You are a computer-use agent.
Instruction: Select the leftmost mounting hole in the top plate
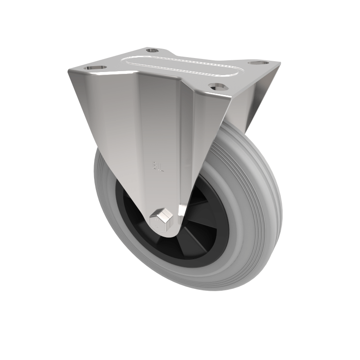95,67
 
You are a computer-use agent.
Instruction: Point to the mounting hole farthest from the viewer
153,50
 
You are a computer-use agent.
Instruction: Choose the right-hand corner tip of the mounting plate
279,63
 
